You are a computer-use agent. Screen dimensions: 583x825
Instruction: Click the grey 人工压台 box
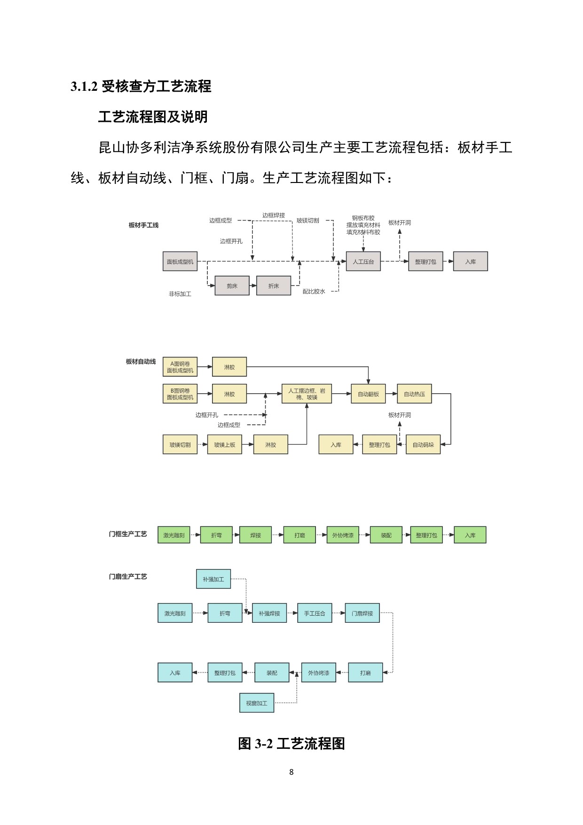[x=363, y=262]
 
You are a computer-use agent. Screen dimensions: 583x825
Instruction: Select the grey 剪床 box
[x=232, y=286]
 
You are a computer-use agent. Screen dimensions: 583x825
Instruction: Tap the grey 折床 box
[x=274, y=286]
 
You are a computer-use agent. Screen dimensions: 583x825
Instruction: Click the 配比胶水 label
[x=314, y=292]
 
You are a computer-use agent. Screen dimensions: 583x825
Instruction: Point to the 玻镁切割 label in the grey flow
[x=308, y=221]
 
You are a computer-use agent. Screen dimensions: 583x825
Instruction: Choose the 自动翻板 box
[x=368, y=394]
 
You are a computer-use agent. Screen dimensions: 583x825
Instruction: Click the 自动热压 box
[x=414, y=394]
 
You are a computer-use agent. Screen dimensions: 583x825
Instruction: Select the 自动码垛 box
[x=423, y=444]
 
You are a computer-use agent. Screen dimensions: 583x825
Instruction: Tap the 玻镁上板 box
[x=225, y=444]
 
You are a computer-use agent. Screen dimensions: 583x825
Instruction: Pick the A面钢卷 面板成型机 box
[x=180, y=367]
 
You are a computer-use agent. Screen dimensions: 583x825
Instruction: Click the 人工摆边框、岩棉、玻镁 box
[x=307, y=394]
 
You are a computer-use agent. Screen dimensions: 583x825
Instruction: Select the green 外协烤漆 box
[x=343, y=535]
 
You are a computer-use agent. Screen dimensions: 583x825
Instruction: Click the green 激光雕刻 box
[x=174, y=535]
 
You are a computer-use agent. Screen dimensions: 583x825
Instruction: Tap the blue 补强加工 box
[x=213, y=579]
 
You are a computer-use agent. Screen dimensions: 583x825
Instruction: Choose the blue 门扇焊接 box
[x=362, y=613]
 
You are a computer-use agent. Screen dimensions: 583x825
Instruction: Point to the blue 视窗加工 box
[x=257, y=703]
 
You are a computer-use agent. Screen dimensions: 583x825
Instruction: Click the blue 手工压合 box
[x=315, y=613]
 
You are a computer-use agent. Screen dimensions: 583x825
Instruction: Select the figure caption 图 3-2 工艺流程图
[x=291, y=744]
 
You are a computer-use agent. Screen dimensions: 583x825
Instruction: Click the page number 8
[x=291, y=772]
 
